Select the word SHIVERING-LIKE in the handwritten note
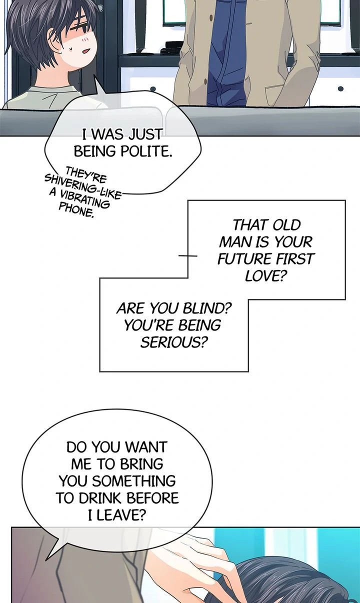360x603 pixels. click(x=83, y=186)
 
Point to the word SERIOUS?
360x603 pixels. click(x=173, y=342)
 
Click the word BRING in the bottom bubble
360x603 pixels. click(x=138, y=464)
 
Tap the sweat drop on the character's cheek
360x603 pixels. click(x=71, y=48)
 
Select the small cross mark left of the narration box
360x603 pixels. click(x=188, y=255)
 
